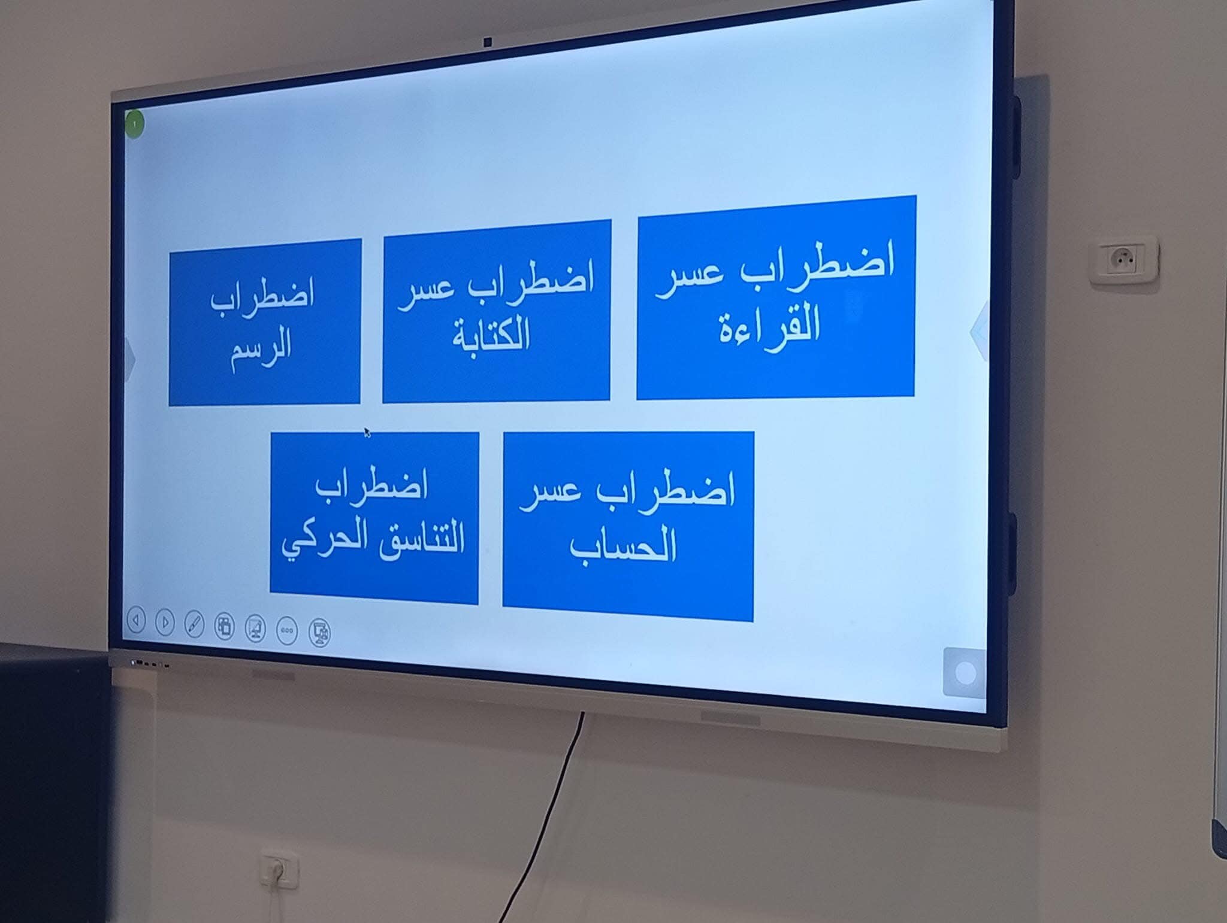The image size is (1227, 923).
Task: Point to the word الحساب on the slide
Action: click(623, 543)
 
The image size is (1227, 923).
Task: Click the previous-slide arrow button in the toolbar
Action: click(136, 621)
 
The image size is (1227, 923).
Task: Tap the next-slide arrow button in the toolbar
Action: click(165, 623)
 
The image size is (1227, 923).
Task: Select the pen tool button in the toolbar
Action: click(194, 624)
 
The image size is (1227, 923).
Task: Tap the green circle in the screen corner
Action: click(135, 124)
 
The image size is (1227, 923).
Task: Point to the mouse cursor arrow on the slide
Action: click(367, 432)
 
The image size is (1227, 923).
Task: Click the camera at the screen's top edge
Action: click(488, 42)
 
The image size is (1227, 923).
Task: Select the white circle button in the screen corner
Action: click(965, 673)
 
